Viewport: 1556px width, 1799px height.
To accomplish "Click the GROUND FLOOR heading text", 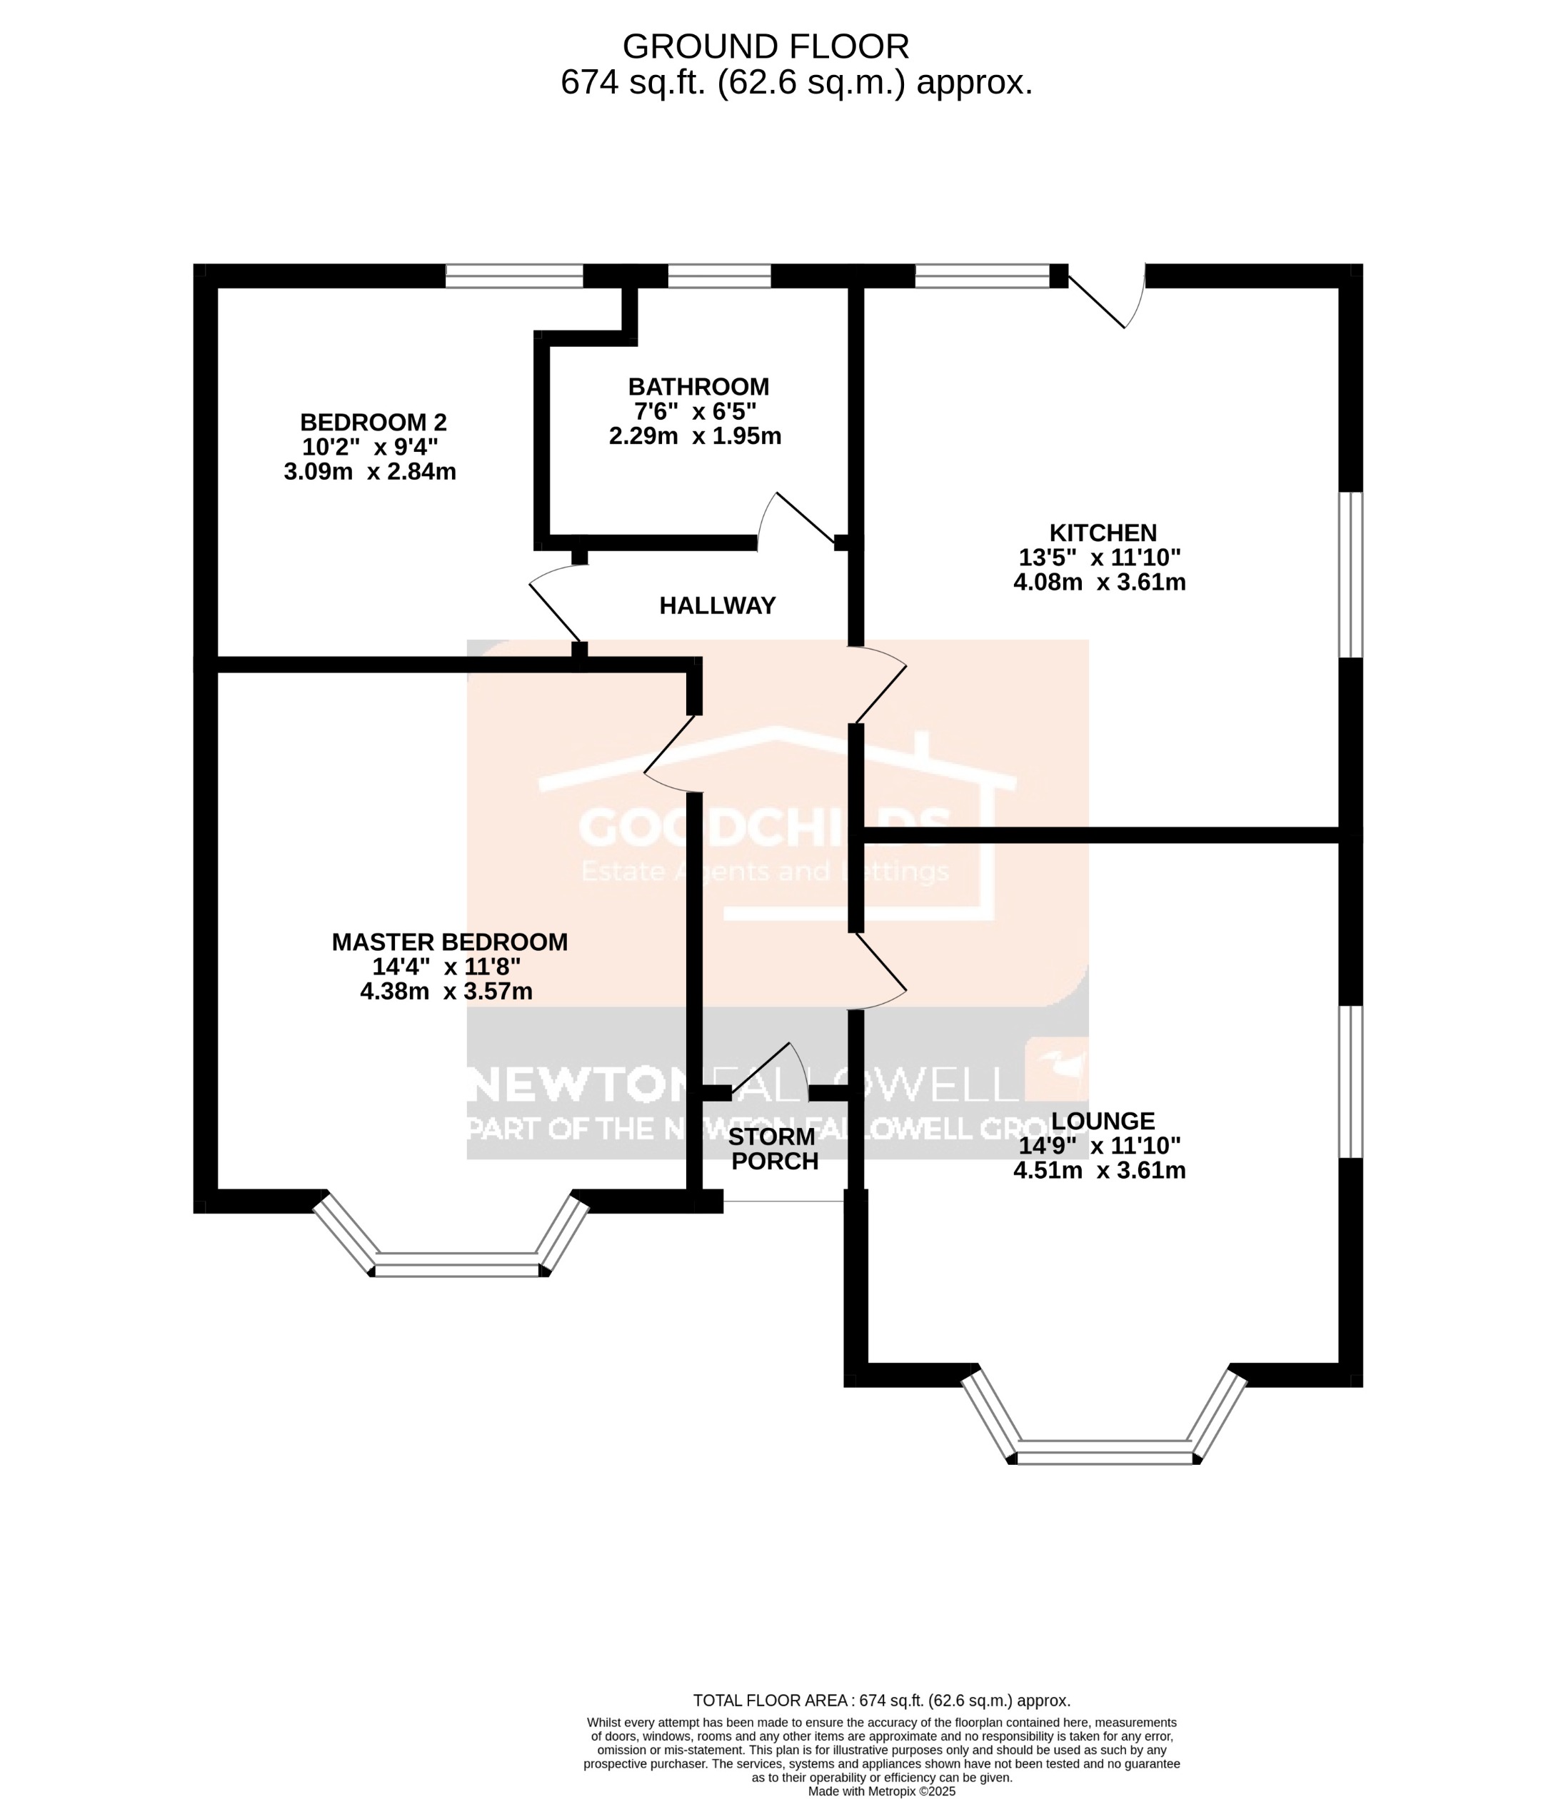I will click(765, 46).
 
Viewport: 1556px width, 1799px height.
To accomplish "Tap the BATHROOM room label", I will click(698, 386).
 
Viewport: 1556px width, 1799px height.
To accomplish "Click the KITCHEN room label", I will click(1103, 533).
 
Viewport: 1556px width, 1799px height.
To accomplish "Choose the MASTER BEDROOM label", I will click(450, 942).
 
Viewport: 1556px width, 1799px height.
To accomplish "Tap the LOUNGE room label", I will click(1103, 1121).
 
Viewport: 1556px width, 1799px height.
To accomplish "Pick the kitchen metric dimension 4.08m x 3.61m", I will click(1099, 582).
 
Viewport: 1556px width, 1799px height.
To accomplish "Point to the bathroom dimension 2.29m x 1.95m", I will click(695, 436).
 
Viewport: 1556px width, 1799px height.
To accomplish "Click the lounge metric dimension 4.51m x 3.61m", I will click(1099, 1170).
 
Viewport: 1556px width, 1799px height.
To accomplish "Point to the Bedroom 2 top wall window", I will click(514, 276).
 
